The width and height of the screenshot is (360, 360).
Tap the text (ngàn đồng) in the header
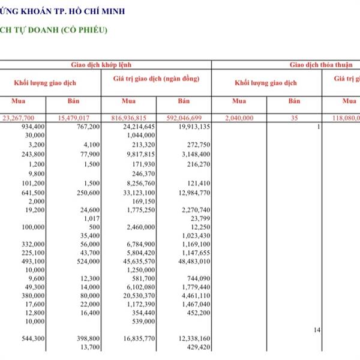click(x=179, y=79)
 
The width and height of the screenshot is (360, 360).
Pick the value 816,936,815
click(x=133, y=118)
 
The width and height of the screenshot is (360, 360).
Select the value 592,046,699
click(x=189, y=118)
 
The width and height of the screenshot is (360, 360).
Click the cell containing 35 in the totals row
click(x=294, y=118)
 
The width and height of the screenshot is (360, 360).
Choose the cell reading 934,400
click(x=33, y=127)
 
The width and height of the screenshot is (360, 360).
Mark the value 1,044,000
click(x=142, y=136)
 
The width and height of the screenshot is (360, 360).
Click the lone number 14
click(x=317, y=330)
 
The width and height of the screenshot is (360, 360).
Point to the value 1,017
click(x=92, y=218)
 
